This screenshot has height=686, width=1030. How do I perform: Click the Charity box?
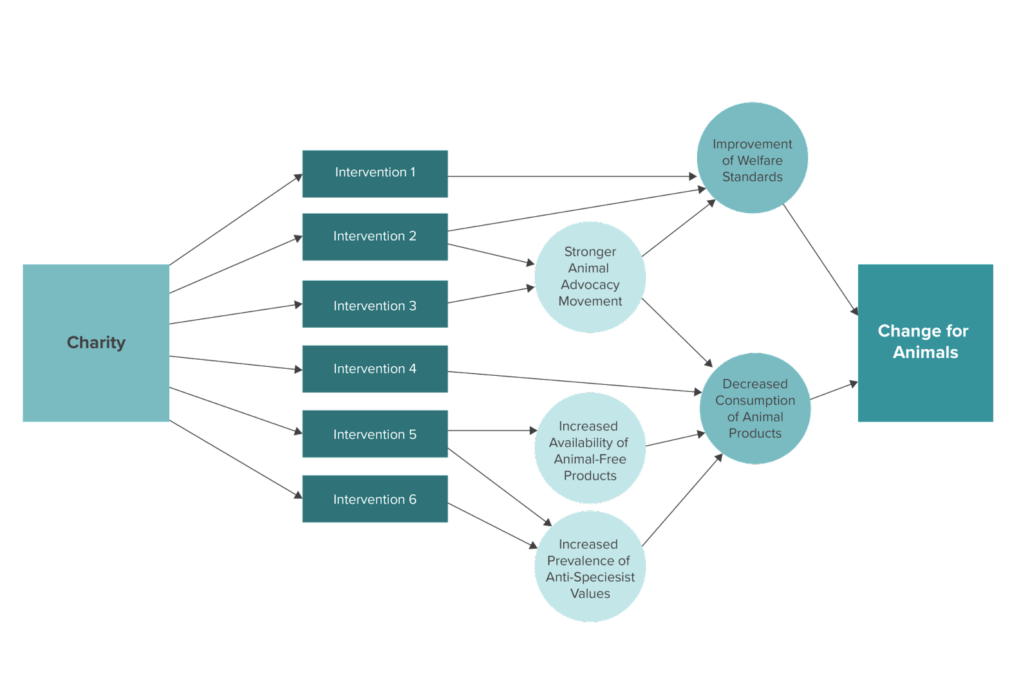point(96,342)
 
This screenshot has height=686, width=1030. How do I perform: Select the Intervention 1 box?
point(375,173)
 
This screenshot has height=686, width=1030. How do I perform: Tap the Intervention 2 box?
point(375,236)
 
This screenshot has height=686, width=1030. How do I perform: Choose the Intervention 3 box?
point(375,304)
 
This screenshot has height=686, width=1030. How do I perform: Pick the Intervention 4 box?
point(375,369)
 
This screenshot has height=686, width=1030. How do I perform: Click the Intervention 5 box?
point(375,434)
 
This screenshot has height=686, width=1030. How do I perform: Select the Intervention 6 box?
point(375,499)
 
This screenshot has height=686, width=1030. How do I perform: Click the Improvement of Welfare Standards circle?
point(752,158)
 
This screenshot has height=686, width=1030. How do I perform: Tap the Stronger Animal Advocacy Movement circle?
point(590,277)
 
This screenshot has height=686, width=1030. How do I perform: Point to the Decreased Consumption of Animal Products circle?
point(754,408)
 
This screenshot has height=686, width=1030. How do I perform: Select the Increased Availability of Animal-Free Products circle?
point(590,449)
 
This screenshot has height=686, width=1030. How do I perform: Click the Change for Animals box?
point(924,342)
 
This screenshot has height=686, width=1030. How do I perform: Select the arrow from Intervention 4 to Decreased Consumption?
point(573,382)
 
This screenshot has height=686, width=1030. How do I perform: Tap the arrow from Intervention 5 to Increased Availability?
point(492,431)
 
